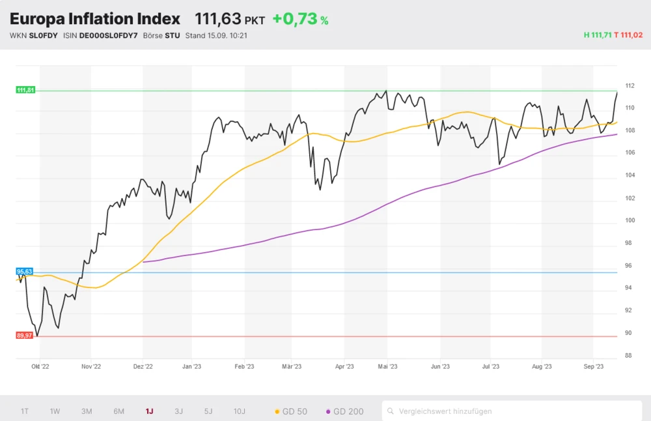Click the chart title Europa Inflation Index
(x=95, y=19)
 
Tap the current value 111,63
(x=217, y=19)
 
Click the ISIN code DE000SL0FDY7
(x=108, y=35)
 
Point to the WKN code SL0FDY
(x=43, y=35)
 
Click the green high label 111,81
(x=25, y=90)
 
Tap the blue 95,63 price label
(x=25, y=271)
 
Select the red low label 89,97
(x=25, y=335)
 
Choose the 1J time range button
(x=149, y=411)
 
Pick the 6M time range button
(x=118, y=411)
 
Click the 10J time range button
(x=240, y=411)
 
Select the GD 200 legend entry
(x=344, y=411)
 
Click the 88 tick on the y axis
(x=628, y=356)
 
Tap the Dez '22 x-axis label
(x=143, y=367)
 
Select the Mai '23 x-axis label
(x=387, y=367)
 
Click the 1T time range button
(x=25, y=411)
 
